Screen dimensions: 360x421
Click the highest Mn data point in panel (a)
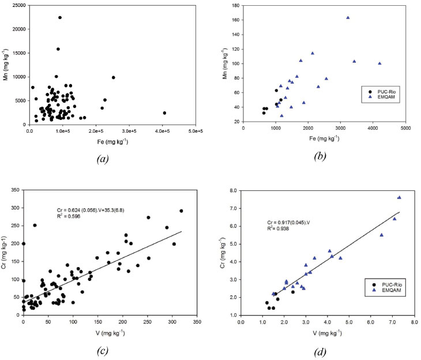(x=60, y=17)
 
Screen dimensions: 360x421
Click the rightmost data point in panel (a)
(x=164, y=113)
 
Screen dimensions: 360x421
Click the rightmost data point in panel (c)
(x=181, y=211)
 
